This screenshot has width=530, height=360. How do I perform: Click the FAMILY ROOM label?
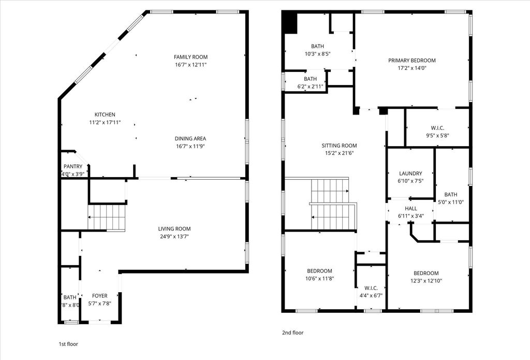(190, 57)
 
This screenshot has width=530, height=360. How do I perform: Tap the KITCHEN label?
(105, 114)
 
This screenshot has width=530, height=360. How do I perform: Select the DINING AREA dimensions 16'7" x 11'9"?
(190, 146)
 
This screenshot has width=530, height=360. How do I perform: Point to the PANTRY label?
(73, 166)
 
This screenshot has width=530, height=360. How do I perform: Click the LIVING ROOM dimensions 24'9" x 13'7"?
(174, 237)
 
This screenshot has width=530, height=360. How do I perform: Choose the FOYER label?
(100, 296)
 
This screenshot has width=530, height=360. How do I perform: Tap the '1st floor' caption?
(69, 344)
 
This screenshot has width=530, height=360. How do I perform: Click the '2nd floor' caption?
(293, 333)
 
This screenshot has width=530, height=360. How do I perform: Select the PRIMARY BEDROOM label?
(411, 60)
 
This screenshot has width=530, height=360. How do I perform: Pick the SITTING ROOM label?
(339, 146)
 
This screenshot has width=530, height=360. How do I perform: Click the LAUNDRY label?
(410, 173)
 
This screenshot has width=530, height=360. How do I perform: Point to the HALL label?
(410, 208)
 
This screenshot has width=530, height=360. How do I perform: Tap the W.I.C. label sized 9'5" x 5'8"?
(437, 128)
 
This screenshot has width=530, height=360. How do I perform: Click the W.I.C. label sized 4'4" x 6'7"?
(371, 288)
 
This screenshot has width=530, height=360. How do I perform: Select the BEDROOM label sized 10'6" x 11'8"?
(319, 271)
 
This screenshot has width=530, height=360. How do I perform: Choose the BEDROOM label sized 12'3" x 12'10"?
(426, 273)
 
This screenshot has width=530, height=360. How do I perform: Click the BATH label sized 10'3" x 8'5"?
(317, 46)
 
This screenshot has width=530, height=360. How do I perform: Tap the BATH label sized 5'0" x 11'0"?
(451, 195)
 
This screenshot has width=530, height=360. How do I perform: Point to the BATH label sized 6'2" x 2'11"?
(310, 79)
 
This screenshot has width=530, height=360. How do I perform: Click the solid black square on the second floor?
(290, 23)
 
